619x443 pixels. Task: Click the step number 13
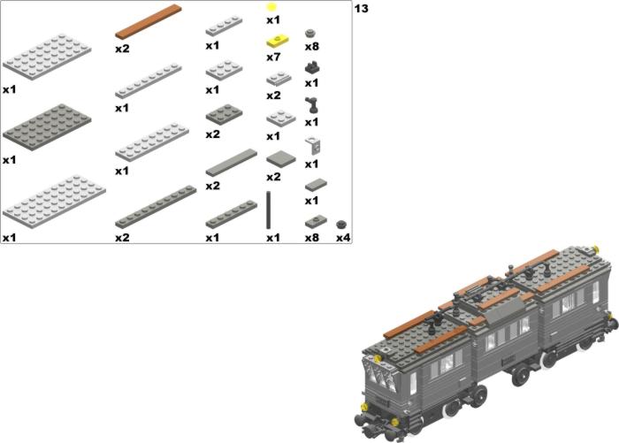pos(361,9)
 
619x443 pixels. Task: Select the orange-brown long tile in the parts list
pos(149,22)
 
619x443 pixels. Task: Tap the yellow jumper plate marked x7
pos(278,42)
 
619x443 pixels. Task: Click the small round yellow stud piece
pos(271,7)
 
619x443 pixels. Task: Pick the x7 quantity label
pos(273,57)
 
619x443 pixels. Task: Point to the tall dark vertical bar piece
pos(269,210)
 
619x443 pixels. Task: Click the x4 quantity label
pos(343,238)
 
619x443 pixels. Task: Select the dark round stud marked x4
pos(341,225)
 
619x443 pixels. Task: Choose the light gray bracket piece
pos(313,145)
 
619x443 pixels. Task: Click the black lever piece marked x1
pos(311,105)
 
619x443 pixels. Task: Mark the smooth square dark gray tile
pos(281,159)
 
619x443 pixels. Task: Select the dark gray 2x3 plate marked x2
pos(225,114)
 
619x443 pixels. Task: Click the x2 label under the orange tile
pos(122,49)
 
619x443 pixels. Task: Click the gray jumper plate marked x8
pos(316,222)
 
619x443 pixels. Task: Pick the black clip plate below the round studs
pos(312,67)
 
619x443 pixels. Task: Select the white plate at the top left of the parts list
pos(47,57)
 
